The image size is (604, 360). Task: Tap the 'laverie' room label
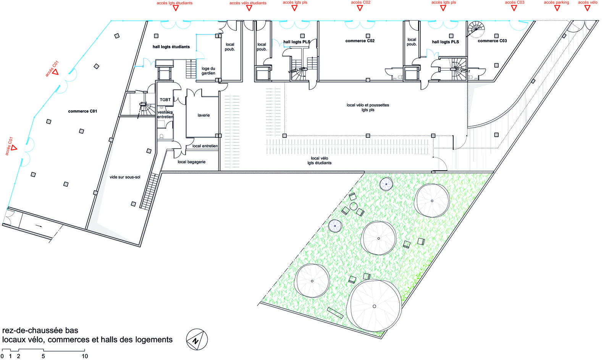(x=203, y=115)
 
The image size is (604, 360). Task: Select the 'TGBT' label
(x=165, y=100)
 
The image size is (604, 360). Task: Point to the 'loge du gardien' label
(x=208, y=71)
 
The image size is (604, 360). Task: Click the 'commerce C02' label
(x=360, y=41)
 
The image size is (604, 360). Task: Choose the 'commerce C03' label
(x=492, y=41)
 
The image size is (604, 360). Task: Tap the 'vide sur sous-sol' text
(x=125, y=177)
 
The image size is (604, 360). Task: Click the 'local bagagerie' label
(x=191, y=162)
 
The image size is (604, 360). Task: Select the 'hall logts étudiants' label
(x=171, y=47)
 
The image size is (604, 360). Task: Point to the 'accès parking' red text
(x=556, y=2)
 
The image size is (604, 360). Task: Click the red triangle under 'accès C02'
(x=360, y=8)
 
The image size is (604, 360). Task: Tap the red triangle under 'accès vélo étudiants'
(x=249, y=8)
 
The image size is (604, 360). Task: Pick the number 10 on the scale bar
(x=85, y=356)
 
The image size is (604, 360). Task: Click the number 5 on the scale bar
(x=43, y=356)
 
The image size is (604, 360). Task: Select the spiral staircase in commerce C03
(x=476, y=28)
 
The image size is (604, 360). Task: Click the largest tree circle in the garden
(x=375, y=306)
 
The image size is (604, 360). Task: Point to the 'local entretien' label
(x=205, y=146)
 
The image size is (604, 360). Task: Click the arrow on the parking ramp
(x=39, y=226)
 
